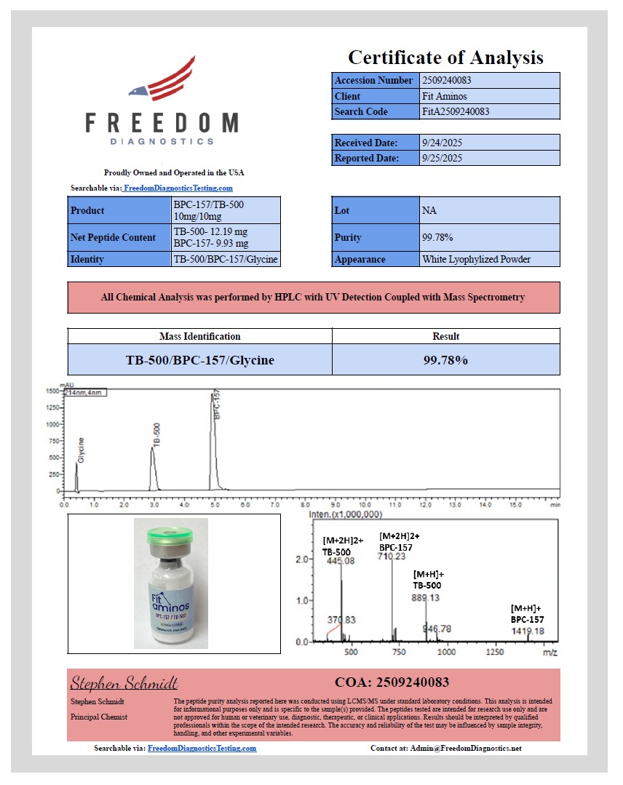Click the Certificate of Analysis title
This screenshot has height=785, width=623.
[x=445, y=57]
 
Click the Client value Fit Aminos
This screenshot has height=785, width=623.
[x=445, y=96]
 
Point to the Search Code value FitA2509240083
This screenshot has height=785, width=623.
[x=456, y=111]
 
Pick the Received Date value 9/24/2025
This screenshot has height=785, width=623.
[x=442, y=143]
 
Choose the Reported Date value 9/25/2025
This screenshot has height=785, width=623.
[x=442, y=158]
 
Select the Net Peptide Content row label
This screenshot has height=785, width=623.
[x=113, y=237]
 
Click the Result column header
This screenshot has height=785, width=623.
[x=445, y=336]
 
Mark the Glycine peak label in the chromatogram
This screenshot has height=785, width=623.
[x=82, y=450]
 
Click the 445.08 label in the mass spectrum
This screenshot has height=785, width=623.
[x=341, y=561]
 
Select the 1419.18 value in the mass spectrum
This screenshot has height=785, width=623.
[x=528, y=631]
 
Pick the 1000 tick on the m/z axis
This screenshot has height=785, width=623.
[x=446, y=653]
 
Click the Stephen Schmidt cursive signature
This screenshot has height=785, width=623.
[x=124, y=682]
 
